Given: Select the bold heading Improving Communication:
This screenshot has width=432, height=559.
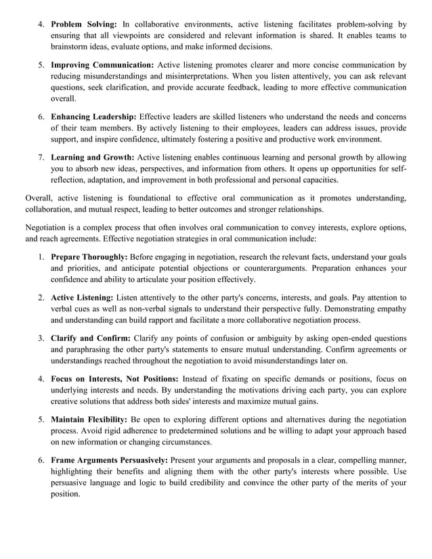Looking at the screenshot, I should pyautogui.click(x=103, y=66).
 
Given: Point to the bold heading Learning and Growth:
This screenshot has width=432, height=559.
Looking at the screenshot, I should pyautogui.click(x=93, y=158).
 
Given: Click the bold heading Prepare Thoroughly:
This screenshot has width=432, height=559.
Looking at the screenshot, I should pyautogui.click(x=89, y=257).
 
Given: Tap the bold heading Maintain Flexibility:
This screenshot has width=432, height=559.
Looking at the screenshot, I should pyautogui.click(x=89, y=420).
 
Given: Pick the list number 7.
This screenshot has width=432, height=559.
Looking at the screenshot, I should pyautogui.click(x=41, y=158).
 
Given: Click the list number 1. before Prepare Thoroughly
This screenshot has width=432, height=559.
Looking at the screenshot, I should pyautogui.click(x=41, y=257).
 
